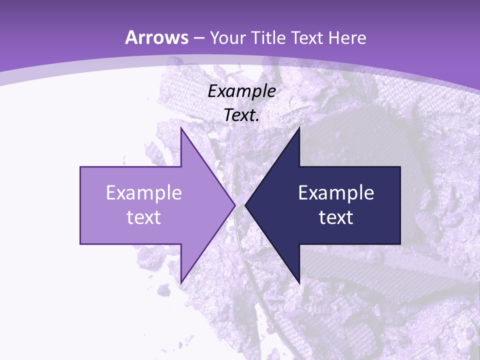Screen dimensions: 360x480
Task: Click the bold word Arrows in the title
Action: pos(157,37)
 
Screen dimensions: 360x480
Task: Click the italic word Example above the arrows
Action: pos(241,91)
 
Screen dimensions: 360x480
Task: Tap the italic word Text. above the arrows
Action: pos(241,115)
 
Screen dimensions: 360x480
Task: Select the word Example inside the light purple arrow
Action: pos(144,193)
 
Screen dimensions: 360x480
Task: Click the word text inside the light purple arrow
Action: pos(144,217)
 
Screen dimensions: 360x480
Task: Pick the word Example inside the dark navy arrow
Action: pos(336,193)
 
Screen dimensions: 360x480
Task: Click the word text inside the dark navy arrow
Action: pos(336,217)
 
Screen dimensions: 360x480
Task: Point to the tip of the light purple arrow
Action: pos(234,205)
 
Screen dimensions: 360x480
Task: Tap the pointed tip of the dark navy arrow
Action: pos(246,205)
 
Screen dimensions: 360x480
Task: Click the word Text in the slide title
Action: pos(304,38)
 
